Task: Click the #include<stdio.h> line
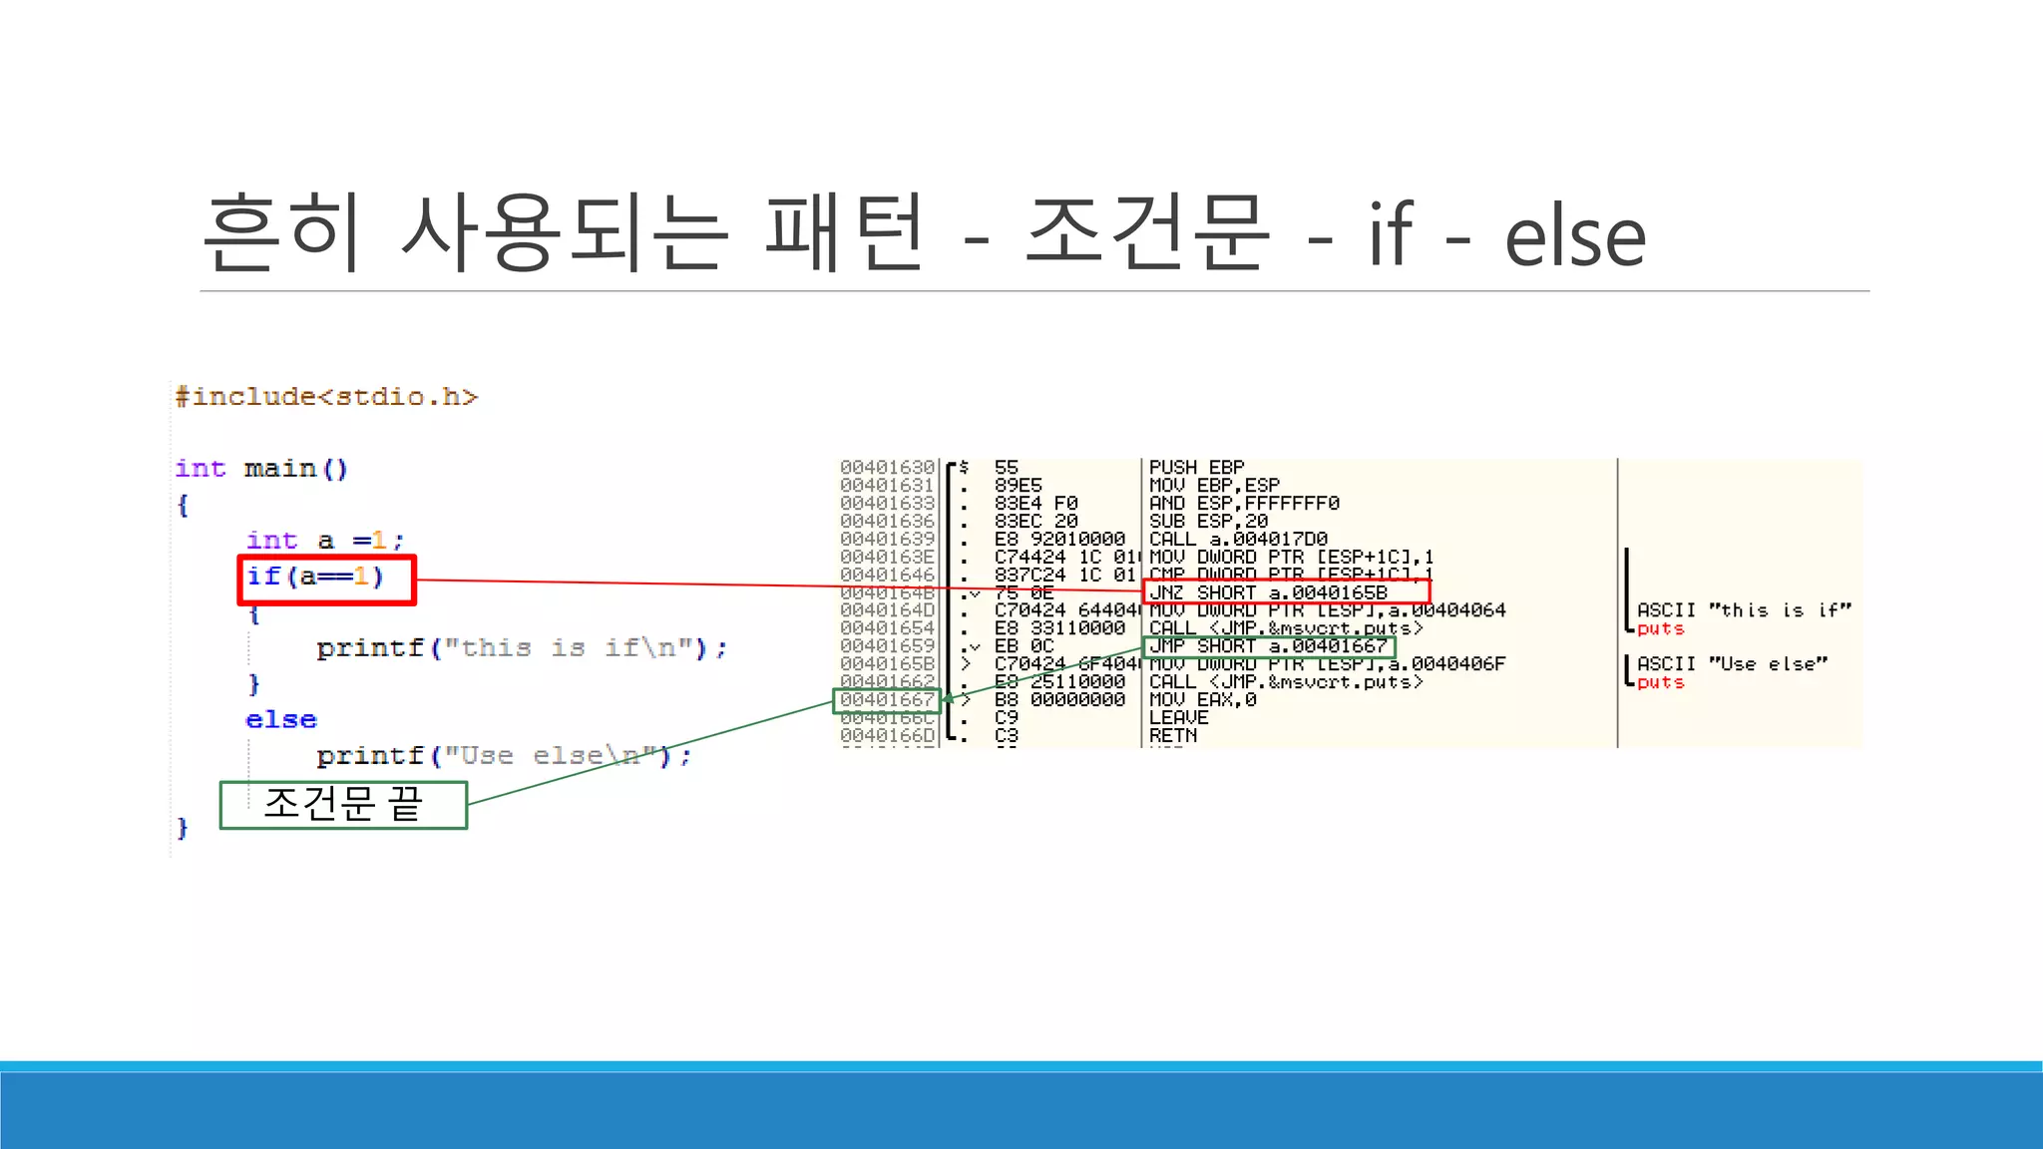coord(326,397)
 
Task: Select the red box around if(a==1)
coord(326,580)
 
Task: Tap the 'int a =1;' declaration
coord(325,541)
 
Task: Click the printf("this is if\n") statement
coord(522,648)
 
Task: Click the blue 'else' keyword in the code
coord(280,720)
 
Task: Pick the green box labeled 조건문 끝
coord(343,805)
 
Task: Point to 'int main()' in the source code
coord(261,469)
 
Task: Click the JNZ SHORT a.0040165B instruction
coord(1268,592)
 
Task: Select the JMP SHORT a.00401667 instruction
coord(1268,646)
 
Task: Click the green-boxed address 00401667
coord(887,700)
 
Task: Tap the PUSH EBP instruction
coord(1196,467)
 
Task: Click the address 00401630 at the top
coord(887,467)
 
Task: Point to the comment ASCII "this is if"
coord(1743,610)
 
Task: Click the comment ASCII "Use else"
coord(1732,664)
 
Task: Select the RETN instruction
coord(1173,736)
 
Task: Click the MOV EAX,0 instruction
coord(1202,700)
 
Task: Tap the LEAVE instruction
coord(1178,718)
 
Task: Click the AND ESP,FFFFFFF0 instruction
coord(1243,503)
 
